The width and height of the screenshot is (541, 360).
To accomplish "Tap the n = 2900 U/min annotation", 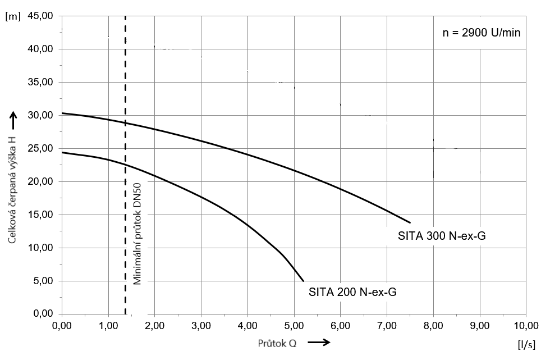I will [x=482, y=33].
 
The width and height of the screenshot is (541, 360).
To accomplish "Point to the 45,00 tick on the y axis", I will [x=40, y=16].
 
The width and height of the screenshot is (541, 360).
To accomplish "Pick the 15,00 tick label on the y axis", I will [x=40, y=215].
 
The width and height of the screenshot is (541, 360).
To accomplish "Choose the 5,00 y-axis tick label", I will [x=42, y=281].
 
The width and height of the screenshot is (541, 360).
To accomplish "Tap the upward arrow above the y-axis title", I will [x=12, y=117].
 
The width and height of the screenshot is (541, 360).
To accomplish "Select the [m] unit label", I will [x=12, y=16].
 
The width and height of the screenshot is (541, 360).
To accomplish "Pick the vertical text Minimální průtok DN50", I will [x=137, y=233].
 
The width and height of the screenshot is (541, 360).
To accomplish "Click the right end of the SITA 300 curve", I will [x=410, y=222].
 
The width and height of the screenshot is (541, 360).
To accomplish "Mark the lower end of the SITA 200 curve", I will [x=303, y=281].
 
